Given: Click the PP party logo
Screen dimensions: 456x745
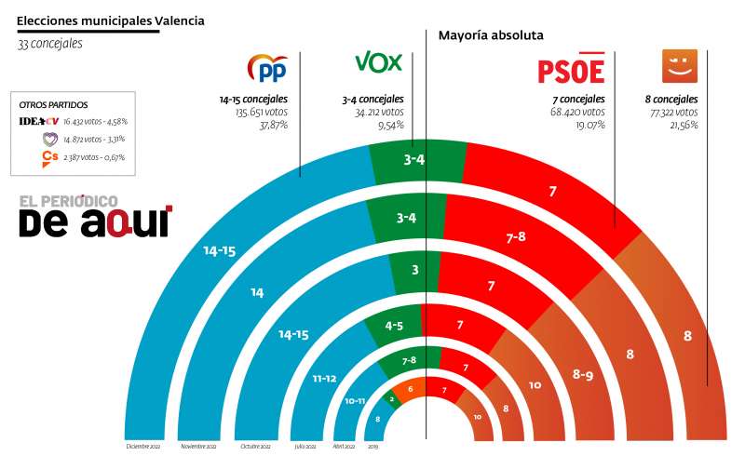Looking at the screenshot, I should [267, 67].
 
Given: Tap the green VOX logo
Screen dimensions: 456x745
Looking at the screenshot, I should [378, 62].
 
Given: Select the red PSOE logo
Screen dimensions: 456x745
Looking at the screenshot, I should [571, 71].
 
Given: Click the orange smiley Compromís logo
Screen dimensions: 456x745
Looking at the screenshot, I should [679, 65].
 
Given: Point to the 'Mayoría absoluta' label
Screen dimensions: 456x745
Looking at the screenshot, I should [491, 35].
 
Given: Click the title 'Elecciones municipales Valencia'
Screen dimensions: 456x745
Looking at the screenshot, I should [111, 20].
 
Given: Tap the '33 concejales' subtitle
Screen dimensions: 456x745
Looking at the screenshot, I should [50, 44].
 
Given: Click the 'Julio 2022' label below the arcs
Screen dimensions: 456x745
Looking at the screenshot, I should [304, 446].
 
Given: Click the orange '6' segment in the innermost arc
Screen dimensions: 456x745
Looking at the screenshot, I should [410, 388].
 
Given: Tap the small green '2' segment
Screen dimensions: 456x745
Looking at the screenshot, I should [392, 398].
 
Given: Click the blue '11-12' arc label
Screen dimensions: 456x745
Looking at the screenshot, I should [325, 379].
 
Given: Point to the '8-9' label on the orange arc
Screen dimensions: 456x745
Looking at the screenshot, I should [584, 374].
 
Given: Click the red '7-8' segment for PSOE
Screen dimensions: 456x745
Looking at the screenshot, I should [516, 237].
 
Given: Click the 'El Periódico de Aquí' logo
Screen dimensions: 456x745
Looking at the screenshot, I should [95, 216].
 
